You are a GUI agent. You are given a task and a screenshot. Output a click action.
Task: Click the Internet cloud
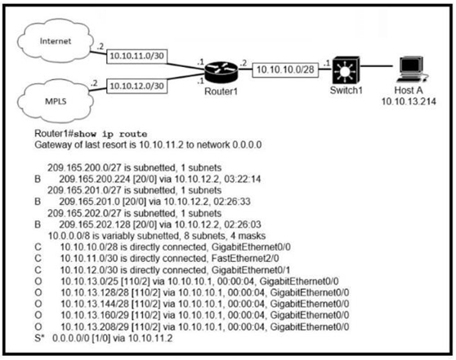pyautogui.click(x=56, y=41)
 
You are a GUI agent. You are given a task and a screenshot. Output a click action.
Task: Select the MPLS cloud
pyautogui.click(x=56, y=101)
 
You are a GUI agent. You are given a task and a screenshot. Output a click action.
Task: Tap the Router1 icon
pyautogui.click(x=221, y=72)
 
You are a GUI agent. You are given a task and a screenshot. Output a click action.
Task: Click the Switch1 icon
pyautogui.click(x=346, y=70)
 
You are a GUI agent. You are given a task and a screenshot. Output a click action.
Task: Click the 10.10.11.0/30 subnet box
pyautogui.click(x=137, y=56)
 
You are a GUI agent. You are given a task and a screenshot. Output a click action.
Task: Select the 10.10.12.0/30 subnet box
pyautogui.click(x=137, y=86)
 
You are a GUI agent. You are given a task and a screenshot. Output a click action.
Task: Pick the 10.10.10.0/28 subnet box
pyautogui.click(x=285, y=69)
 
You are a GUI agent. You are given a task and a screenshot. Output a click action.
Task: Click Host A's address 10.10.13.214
pyautogui.click(x=409, y=101)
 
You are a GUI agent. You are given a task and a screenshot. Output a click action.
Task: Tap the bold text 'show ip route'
pyautogui.click(x=110, y=134)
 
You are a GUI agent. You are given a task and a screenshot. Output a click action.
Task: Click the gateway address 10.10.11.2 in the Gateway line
pyautogui.click(x=161, y=144)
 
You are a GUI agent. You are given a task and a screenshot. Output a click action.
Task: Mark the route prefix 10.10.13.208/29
pyautogui.click(x=95, y=327)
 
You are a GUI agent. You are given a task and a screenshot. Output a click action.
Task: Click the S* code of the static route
pyautogui.click(x=39, y=338)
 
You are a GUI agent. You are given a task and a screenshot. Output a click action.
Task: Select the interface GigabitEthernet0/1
pyautogui.click(x=251, y=270)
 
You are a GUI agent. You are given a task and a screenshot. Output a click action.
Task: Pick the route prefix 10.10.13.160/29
pyautogui.click(x=95, y=315)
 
